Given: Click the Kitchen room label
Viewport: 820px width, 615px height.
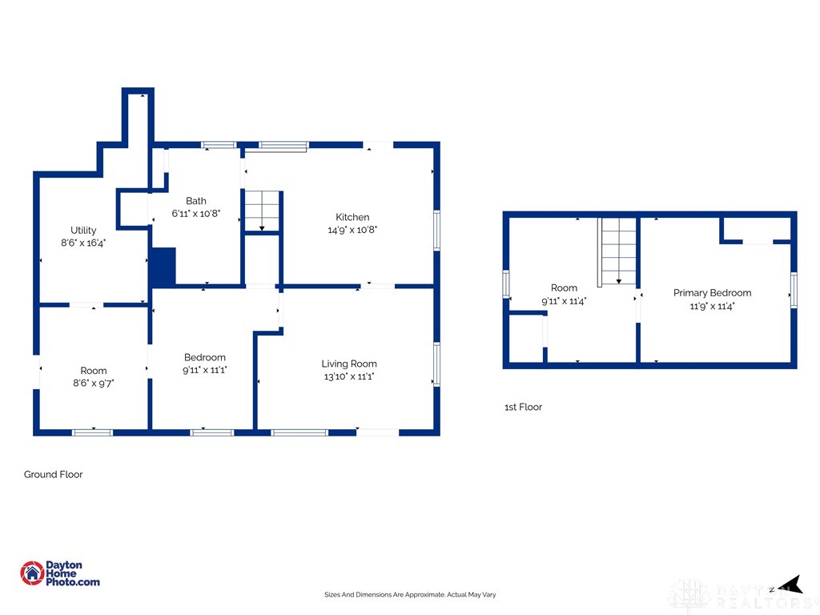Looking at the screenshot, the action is coord(352,217).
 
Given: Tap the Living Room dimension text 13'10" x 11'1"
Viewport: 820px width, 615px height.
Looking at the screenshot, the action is coord(349,376).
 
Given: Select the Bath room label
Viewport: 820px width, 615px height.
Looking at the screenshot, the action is coord(195,201).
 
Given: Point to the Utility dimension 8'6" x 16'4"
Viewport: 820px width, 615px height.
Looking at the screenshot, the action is coord(83,243).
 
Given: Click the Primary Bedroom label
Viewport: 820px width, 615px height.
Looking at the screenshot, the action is coord(712,293).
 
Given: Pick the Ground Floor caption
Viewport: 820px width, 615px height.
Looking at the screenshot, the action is coord(54,474).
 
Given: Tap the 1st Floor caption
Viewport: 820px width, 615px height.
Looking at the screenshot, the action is coord(523,407).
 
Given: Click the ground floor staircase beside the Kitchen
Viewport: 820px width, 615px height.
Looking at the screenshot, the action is coord(262,211).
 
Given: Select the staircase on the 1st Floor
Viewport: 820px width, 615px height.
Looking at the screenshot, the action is coord(619,251).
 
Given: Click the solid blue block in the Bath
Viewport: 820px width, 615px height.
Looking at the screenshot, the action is coord(163,267).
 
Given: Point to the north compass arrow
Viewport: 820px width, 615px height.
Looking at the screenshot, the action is coord(790,585).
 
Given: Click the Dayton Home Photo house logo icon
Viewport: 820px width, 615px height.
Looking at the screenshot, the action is coord(32,573).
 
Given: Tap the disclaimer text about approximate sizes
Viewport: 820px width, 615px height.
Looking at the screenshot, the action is coord(410,595).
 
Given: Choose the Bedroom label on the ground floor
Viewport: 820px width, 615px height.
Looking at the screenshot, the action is coord(204,357).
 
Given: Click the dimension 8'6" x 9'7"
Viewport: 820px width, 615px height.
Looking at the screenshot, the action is coord(93,383).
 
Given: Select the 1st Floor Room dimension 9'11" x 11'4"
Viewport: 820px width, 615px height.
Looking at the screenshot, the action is coord(564,301).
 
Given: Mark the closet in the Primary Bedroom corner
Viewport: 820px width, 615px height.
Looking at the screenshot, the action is coord(755,230).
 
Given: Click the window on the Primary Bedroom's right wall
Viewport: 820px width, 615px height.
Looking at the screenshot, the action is coord(794,290).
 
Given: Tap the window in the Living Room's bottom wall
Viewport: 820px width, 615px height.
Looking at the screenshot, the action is coord(299,432).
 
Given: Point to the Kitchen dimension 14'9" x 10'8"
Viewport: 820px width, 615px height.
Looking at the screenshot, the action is coord(352,230).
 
